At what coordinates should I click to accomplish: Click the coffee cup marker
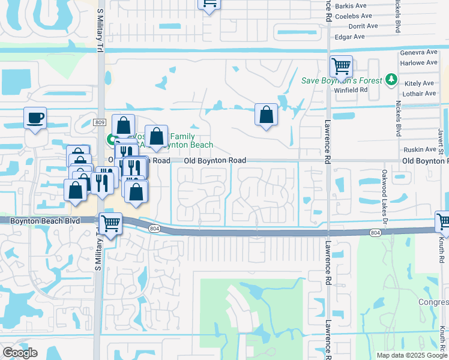pos(35,117)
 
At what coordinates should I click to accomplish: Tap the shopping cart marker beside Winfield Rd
pos(341,66)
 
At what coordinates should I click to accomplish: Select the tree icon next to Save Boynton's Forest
pos(391,79)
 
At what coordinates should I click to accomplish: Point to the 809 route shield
pos(100,122)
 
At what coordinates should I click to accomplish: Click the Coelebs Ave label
pos(354,16)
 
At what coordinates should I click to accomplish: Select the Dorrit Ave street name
pos(363,26)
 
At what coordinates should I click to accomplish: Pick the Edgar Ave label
pos(351,37)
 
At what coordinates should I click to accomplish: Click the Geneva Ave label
pos(419,53)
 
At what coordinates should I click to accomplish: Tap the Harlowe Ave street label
pos(418,62)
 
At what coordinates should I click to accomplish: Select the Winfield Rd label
pos(351,90)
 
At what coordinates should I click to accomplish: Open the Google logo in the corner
pos(20,353)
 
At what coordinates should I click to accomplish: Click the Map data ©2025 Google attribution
pos(411,355)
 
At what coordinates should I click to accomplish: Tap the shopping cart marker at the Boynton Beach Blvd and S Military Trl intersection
pos(110,224)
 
